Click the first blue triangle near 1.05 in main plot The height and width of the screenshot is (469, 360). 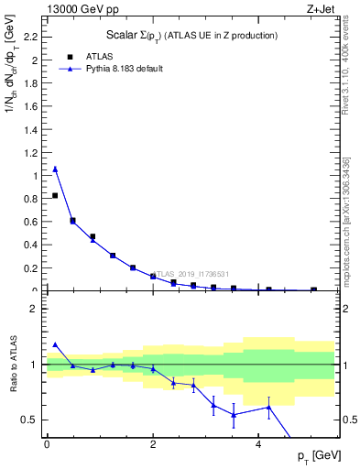pos(55,169)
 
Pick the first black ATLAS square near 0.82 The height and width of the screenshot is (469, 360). pos(55,195)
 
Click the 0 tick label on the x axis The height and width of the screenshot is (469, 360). pos(47,443)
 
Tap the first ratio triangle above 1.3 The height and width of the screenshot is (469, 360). pos(55,344)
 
